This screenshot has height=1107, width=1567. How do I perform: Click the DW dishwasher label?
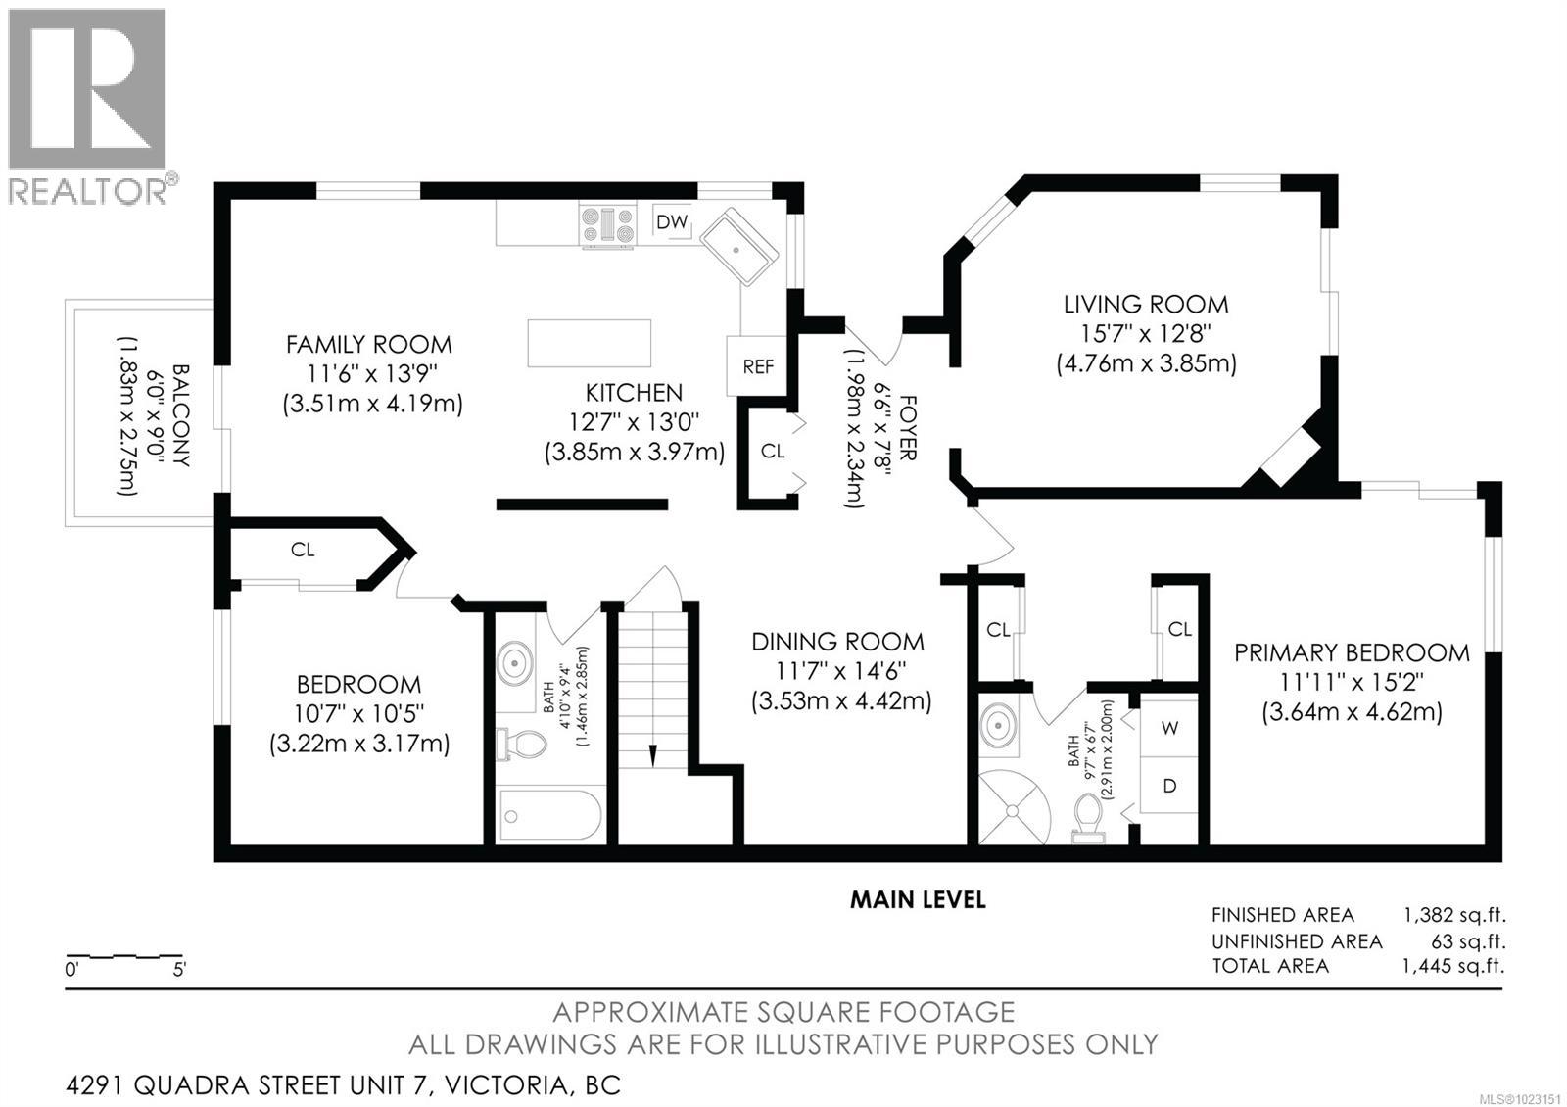(672, 222)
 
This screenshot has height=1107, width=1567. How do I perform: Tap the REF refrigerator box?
(758, 366)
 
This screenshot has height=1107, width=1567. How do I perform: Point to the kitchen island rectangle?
(589, 343)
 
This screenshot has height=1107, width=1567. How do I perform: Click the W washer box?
(1170, 728)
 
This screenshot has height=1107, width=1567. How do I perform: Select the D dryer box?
(1170, 786)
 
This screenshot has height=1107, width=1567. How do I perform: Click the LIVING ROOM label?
(1146, 304)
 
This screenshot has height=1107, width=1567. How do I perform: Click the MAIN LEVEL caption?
(917, 898)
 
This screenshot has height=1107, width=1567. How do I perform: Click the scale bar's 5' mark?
(179, 970)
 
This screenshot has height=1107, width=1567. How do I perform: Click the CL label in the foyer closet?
(773, 451)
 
